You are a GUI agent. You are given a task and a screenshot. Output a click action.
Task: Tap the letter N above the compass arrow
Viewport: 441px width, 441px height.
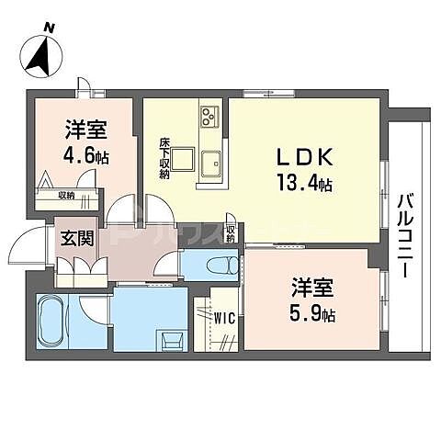pyautogui.click(x=49, y=28)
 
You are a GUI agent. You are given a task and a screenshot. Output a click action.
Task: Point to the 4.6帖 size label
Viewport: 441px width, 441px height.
pyautogui.click(x=85, y=155)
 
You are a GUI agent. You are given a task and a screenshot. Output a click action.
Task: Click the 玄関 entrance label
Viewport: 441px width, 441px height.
pyautogui.click(x=77, y=239)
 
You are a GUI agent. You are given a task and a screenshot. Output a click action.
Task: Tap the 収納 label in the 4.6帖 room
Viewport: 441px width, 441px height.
pyautogui.click(x=66, y=194)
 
